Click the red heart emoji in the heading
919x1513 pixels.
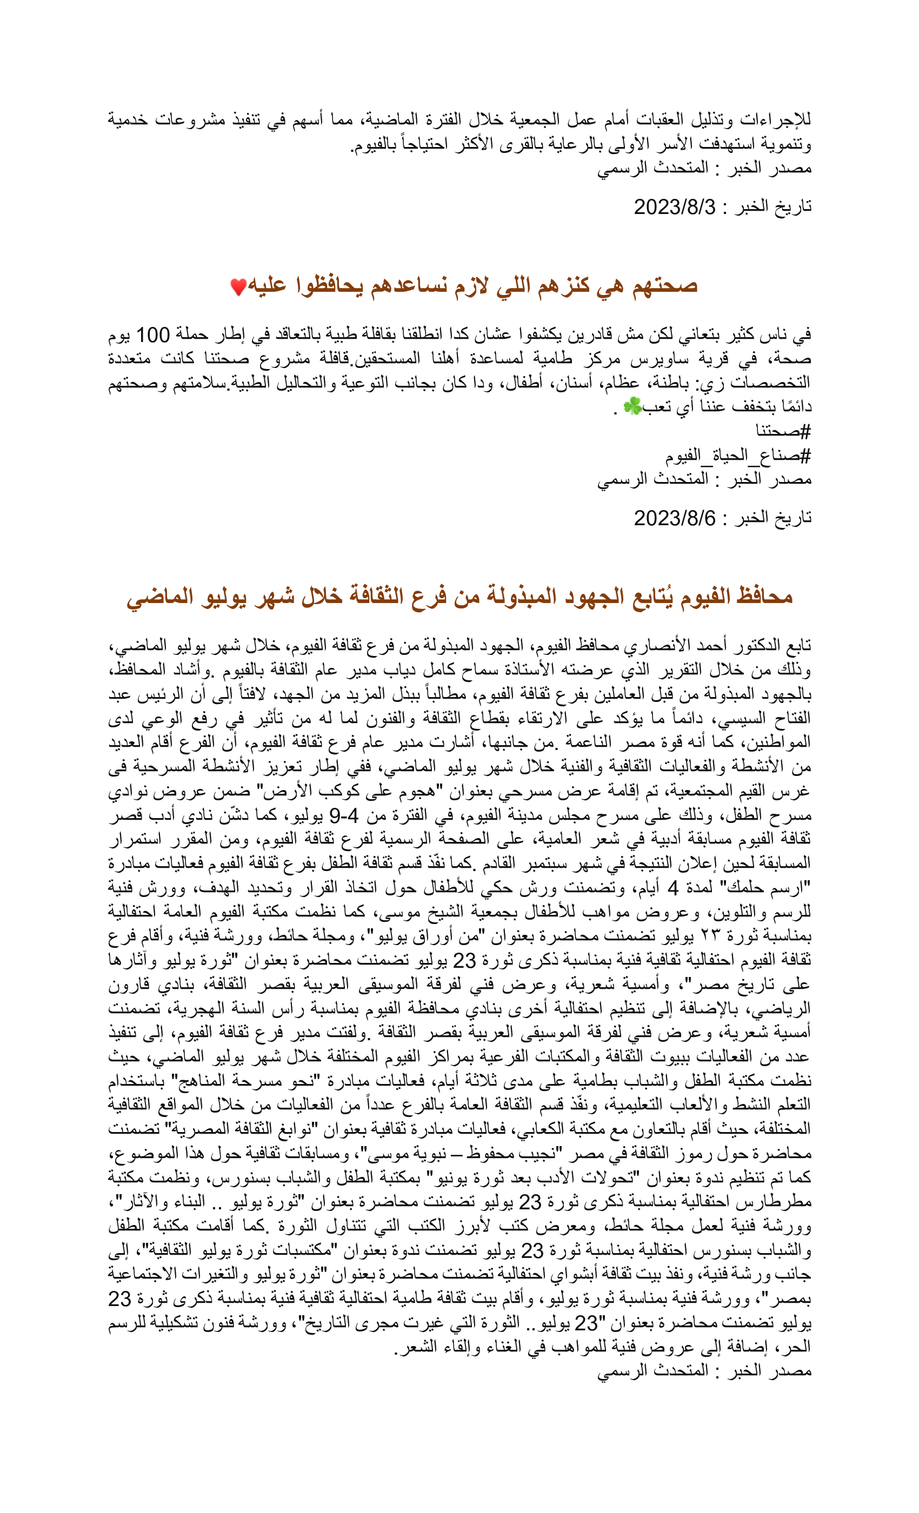tap(238, 286)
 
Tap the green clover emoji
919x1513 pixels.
tap(631, 406)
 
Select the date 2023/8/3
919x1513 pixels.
tap(675, 207)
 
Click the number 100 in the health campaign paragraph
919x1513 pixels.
tap(152, 335)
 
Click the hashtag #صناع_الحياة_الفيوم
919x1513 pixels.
tap(737, 455)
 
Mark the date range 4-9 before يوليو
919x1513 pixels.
tap(344, 816)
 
